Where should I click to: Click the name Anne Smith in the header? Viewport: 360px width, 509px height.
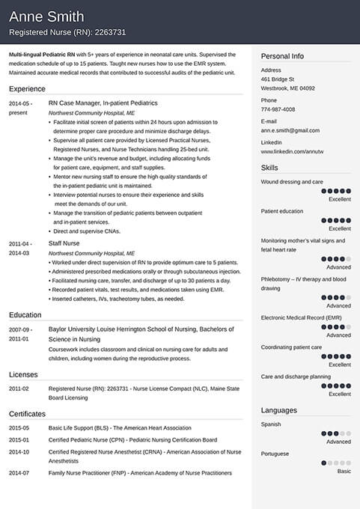[46, 16]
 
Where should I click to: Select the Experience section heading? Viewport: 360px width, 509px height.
[28, 88]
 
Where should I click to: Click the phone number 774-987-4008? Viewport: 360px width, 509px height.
[278, 109]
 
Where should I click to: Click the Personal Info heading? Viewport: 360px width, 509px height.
[282, 56]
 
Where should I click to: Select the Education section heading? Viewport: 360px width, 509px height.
[25, 315]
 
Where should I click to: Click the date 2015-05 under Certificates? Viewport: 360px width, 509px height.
[19, 427]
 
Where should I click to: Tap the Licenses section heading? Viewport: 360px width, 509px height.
[22, 374]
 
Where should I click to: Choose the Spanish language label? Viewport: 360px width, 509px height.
[271, 424]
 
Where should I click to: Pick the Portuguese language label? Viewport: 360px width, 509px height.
[275, 454]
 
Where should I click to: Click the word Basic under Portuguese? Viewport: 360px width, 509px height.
[344, 472]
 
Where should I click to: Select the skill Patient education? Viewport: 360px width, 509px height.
[282, 211]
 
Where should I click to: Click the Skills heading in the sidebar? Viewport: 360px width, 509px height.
[269, 168]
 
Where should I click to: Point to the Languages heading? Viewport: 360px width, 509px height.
[278, 410]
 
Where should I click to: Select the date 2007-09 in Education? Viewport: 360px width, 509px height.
[19, 329]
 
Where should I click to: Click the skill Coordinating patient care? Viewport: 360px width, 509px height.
[291, 347]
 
